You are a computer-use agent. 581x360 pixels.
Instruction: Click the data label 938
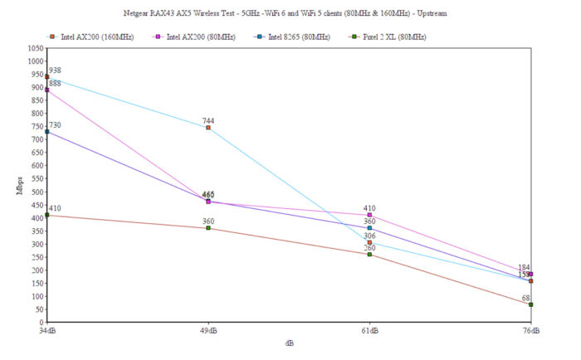(55, 71)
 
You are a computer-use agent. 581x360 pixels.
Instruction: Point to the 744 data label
(208, 121)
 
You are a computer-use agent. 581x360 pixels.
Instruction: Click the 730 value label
(55, 125)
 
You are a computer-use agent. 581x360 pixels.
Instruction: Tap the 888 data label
(55, 84)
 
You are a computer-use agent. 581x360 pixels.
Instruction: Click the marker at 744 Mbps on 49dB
(208, 128)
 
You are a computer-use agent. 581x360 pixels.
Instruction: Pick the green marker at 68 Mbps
(530, 304)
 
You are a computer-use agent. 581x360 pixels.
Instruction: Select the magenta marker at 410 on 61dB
(369, 215)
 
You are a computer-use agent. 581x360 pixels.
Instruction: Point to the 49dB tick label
(208, 331)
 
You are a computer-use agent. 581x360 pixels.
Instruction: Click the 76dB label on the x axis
(530, 331)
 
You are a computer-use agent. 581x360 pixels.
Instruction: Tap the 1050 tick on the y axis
(34, 48)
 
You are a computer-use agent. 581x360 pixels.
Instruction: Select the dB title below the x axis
(289, 342)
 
